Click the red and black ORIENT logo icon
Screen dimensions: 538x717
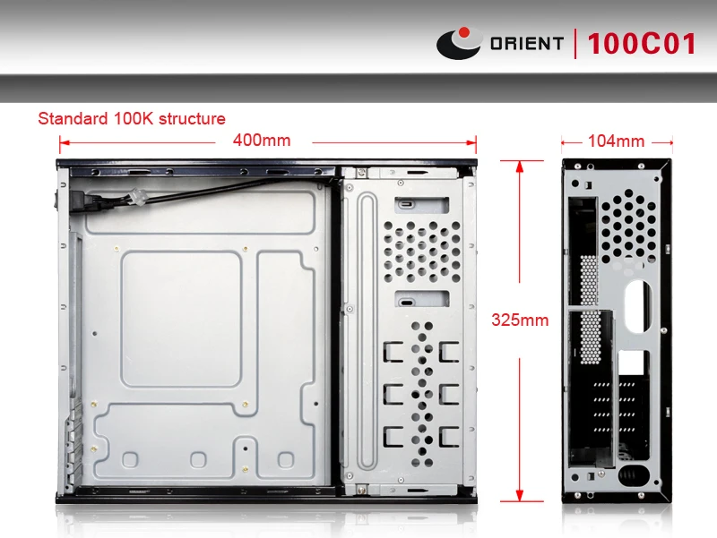coord(459,43)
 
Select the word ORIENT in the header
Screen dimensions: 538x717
coord(527,43)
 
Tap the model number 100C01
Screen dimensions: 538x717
coord(642,44)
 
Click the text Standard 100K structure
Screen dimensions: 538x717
coord(131,118)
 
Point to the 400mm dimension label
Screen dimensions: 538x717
coord(261,141)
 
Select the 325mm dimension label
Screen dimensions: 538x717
coord(520,320)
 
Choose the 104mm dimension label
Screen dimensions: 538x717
coord(616,141)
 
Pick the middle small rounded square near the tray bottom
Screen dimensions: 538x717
coord(199,459)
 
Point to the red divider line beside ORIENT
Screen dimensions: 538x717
coord(576,43)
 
